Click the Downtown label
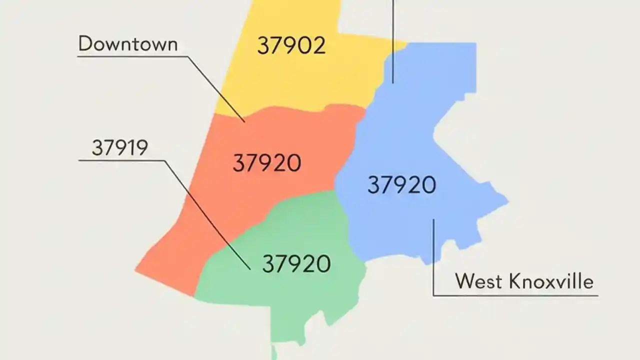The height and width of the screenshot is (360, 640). pyautogui.click(x=128, y=44)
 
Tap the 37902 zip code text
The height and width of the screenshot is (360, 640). pyautogui.click(x=291, y=46)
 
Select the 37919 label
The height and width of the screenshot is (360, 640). pyautogui.click(x=120, y=147)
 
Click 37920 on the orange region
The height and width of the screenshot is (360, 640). pyautogui.click(x=267, y=163)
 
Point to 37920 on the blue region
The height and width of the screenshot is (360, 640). pyautogui.click(x=401, y=185)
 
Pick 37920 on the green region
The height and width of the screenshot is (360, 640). pyautogui.click(x=296, y=263)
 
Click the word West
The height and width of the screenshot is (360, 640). pyautogui.click(x=478, y=281)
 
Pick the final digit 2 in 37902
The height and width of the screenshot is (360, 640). pyautogui.click(x=318, y=46)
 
